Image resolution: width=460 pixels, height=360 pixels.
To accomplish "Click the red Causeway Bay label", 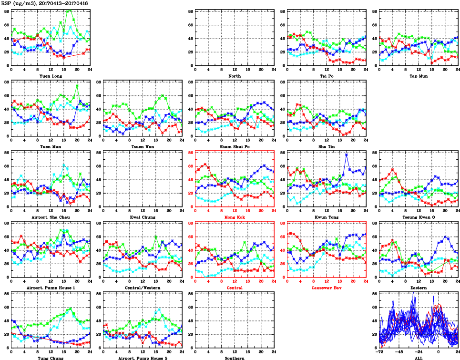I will (x=326, y=288).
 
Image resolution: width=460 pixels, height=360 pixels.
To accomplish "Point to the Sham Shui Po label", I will (x=234, y=146).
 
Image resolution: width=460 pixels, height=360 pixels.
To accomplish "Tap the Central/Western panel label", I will (x=142, y=288).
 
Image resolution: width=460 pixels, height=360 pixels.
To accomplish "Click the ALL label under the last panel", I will (x=418, y=358).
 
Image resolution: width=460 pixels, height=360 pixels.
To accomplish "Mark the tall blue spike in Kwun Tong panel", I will (x=347, y=154).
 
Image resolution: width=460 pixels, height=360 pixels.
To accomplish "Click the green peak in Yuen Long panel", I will (x=70, y=10).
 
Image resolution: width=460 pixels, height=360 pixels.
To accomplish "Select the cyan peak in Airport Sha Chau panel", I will (x=64, y=165).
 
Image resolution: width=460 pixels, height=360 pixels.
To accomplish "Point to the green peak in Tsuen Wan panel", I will (x=163, y=95).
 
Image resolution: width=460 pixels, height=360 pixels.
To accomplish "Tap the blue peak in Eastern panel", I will (x=445, y=236).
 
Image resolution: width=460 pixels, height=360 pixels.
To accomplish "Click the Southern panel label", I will (x=234, y=358).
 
